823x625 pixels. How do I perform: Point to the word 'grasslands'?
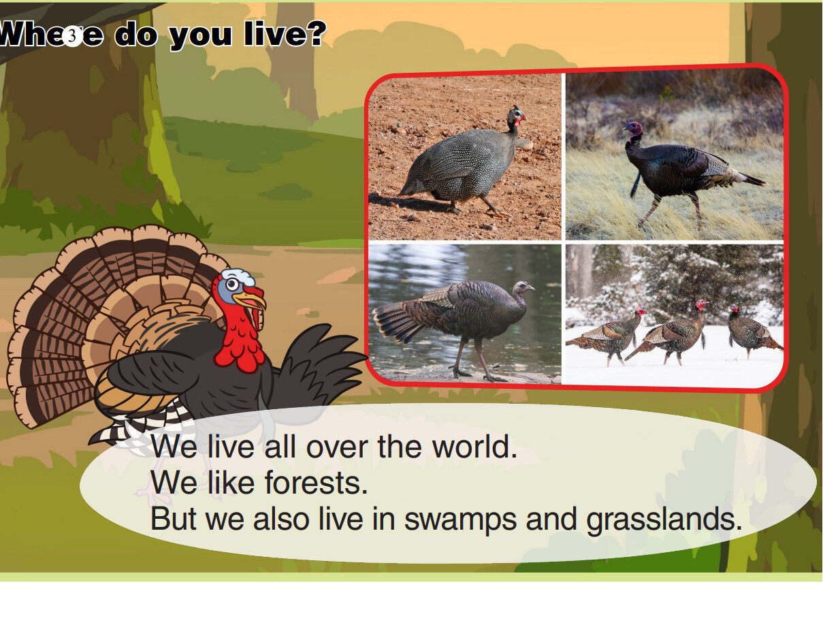click(x=664, y=519)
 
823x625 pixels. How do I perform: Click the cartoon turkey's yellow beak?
click(x=250, y=300)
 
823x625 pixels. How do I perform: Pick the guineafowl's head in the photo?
click(x=516, y=117)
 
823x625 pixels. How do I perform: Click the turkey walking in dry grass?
click(x=681, y=167)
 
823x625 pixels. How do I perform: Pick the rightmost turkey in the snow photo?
click(x=749, y=332)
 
